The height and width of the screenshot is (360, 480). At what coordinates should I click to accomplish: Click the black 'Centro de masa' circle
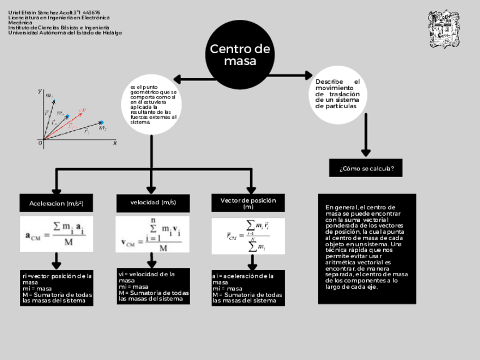[x=240, y=55]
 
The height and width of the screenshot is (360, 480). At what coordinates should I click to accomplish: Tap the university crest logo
[x=443, y=29]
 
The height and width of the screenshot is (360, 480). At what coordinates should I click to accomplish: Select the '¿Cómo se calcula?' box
[x=366, y=168]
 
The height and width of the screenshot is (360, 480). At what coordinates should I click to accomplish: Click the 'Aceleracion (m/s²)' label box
[x=56, y=203]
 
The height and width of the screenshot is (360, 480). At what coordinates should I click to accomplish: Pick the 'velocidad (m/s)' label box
[x=153, y=203]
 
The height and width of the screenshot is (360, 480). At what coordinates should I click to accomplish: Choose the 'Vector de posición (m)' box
[x=248, y=203]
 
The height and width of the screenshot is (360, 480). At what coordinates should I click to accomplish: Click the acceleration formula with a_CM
[x=56, y=234]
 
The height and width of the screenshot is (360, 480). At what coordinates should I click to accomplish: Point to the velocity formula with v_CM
[x=152, y=234]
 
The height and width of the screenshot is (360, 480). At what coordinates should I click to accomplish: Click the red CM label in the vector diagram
[x=83, y=109]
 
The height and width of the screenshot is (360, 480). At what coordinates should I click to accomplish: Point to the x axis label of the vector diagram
[x=115, y=143]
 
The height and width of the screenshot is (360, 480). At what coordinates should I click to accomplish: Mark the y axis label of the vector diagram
[x=40, y=91]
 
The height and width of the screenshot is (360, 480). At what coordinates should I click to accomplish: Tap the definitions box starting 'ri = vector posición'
[x=57, y=288]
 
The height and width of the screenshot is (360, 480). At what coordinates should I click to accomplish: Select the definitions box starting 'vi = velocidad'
[x=153, y=286]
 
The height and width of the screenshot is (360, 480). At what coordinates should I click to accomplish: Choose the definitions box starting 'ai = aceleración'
[x=248, y=288]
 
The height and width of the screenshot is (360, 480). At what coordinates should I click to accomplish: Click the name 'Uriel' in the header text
[x=14, y=12]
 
